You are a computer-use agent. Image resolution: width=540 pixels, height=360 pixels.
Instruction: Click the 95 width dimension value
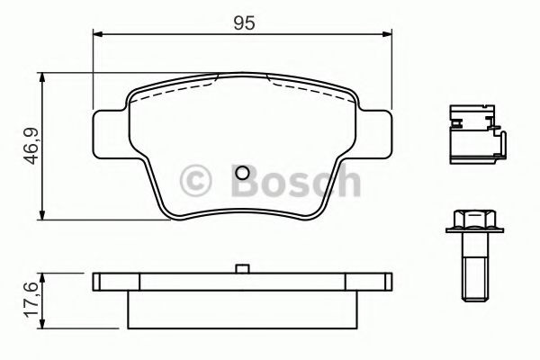245,23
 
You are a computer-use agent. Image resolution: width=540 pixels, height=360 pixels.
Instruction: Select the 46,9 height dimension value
31,146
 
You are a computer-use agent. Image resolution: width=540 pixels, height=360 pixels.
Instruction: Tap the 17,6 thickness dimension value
31,299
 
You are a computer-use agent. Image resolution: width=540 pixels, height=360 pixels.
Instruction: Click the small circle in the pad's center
242,172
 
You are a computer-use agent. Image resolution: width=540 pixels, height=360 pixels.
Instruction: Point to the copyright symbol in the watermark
195,180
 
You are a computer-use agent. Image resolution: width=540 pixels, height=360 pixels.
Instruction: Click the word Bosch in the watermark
296,180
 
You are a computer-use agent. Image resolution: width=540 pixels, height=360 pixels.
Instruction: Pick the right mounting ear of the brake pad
374,134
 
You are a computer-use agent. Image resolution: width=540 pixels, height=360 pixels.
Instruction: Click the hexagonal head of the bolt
474,219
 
